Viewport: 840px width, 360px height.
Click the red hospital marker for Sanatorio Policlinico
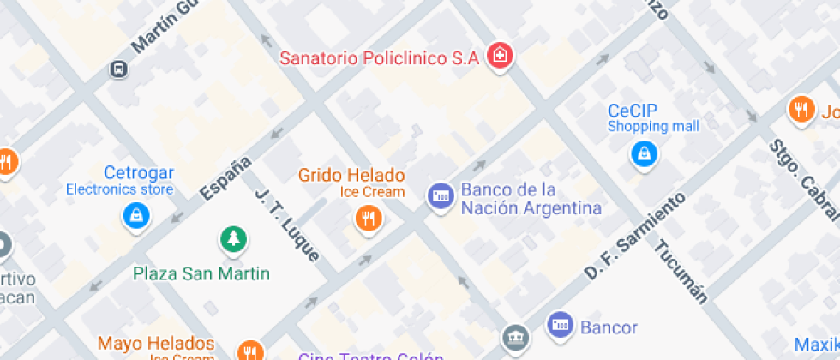click(499, 57)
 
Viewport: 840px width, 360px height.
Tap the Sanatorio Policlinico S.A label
click(380, 58)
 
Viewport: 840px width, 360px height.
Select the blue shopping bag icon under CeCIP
click(643, 154)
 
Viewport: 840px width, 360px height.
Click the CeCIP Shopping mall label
click(652, 118)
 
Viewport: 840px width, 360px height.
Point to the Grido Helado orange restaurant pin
click(368, 218)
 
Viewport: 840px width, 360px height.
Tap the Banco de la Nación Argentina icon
click(441, 196)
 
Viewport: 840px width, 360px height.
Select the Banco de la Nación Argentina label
click(530, 198)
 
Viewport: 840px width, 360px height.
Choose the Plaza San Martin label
click(201, 274)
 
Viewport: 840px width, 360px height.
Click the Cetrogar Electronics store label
click(120, 181)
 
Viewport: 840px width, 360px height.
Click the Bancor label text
click(609, 327)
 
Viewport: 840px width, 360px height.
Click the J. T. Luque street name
click(286, 225)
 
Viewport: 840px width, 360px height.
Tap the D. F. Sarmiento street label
click(635, 235)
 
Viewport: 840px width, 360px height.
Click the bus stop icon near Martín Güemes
click(119, 69)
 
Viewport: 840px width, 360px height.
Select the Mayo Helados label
click(155, 344)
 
